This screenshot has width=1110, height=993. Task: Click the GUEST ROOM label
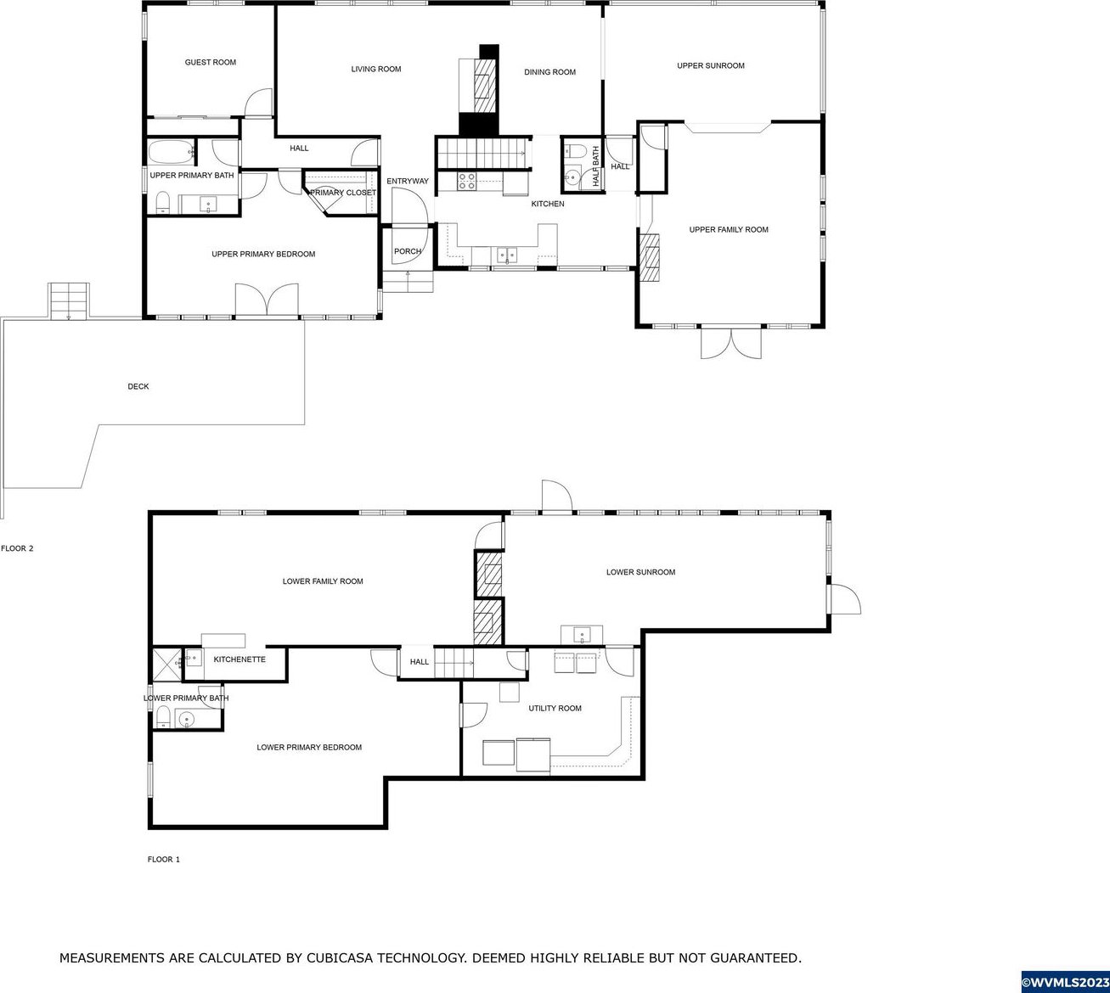click(x=211, y=63)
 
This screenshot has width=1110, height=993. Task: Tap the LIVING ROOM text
click(x=376, y=69)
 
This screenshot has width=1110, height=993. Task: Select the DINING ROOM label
click(x=549, y=72)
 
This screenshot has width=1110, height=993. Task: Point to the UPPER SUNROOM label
click(x=711, y=65)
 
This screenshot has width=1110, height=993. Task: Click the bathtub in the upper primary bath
click(x=172, y=152)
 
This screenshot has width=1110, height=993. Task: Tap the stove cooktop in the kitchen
click(x=467, y=182)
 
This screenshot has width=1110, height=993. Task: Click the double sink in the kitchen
click(x=507, y=255)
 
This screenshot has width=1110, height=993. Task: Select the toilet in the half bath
click(x=575, y=150)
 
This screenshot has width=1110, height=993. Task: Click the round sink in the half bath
click(x=572, y=177)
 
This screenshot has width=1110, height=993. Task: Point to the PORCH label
click(x=408, y=251)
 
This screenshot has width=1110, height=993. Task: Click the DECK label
click(x=138, y=386)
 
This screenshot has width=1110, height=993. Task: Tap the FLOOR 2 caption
click(x=17, y=548)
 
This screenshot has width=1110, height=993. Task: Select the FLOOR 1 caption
click(x=163, y=860)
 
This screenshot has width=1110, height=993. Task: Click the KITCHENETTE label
click(x=239, y=659)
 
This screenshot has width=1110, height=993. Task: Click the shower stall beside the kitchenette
click(x=166, y=665)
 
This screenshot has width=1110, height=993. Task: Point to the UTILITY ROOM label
click(x=555, y=708)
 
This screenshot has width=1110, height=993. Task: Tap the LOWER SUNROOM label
click(x=640, y=572)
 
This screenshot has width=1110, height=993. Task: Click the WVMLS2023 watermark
click(x=1065, y=982)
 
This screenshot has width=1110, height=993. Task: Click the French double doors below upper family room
click(x=731, y=343)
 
